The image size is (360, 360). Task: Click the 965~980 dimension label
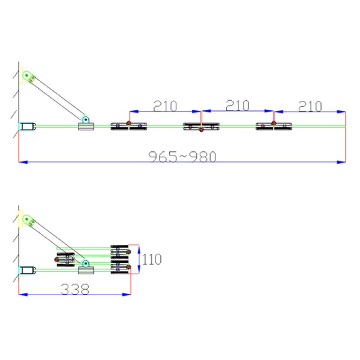182,157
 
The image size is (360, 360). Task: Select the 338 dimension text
75,289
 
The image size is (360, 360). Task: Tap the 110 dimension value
152,259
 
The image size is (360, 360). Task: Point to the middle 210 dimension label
238,106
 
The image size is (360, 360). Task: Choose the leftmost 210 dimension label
165,106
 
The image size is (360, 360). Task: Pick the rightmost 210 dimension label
310,106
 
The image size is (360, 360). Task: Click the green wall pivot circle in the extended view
27,75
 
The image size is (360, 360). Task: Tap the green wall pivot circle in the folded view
27,219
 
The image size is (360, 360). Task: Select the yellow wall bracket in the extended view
20,75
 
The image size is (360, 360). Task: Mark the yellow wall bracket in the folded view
20,219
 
